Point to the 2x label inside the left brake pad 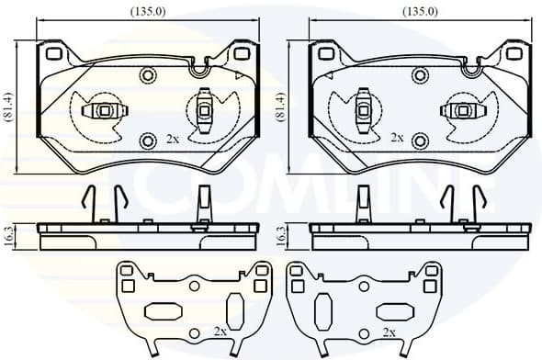tap(173, 139)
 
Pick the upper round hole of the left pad tap(148, 74)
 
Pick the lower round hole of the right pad tap(420, 140)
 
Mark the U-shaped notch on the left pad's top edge tap(198, 66)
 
